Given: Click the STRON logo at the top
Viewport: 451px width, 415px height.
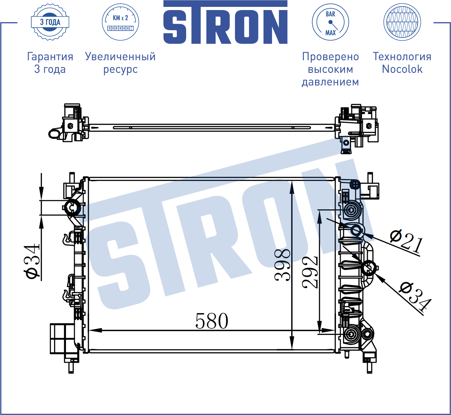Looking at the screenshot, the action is [225, 22].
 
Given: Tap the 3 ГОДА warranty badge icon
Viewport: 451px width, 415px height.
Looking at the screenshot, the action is [50, 22].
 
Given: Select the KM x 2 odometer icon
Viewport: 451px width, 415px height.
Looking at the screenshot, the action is [120, 22].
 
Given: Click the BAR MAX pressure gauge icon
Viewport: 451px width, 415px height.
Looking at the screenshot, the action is [330, 22].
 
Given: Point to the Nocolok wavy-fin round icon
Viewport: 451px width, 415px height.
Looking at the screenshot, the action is [402, 22].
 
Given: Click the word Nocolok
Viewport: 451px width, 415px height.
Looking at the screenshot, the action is [402, 69].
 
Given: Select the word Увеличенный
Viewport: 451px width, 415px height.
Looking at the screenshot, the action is [120, 56].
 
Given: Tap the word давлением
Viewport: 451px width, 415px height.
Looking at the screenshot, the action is [330, 82].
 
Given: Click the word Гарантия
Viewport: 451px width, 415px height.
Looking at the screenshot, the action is [50, 56].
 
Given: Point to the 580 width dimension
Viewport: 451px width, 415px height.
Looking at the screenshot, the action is [212, 321].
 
